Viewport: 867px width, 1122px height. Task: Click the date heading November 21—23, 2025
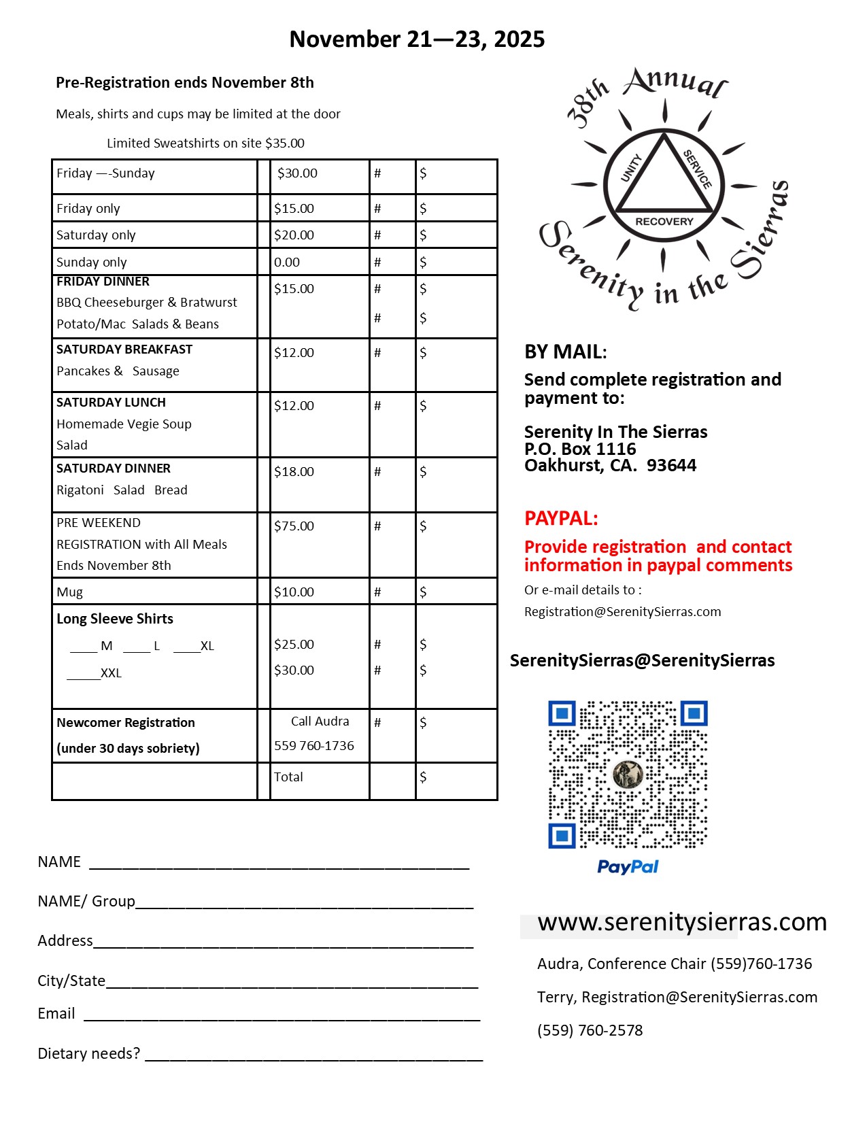click(x=417, y=39)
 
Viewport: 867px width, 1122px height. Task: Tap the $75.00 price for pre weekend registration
click(x=294, y=526)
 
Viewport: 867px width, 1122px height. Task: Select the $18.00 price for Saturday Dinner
click(x=294, y=472)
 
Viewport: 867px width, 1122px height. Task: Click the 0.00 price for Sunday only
click(x=287, y=262)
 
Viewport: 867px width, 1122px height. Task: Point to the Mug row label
click(x=69, y=592)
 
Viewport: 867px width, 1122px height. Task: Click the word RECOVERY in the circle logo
click(x=664, y=222)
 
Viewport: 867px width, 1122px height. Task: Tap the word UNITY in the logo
click(x=631, y=168)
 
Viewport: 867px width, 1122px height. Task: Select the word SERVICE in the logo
click(x=698, y=169)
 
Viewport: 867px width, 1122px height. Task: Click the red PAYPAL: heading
click(x=561, y=519)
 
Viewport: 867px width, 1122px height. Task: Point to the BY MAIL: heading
click(x=565, y=352)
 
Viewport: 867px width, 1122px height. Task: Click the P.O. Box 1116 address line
click(x=580, y=449)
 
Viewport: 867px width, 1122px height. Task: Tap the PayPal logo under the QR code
click(x=628, y=867)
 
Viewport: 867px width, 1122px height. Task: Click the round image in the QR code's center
click(x=628, y=775)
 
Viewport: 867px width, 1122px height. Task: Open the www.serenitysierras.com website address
click(x=682, y=923)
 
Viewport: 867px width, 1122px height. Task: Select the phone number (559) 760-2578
click(x=590, y=1031)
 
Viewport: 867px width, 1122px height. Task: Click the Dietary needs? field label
click(x=89, y=1054)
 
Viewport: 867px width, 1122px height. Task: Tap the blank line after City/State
click(x=292, y=983)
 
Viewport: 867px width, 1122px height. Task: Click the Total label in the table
click(x=288, y=777)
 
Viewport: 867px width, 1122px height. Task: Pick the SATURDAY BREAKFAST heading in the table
click(x=124, y=350)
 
